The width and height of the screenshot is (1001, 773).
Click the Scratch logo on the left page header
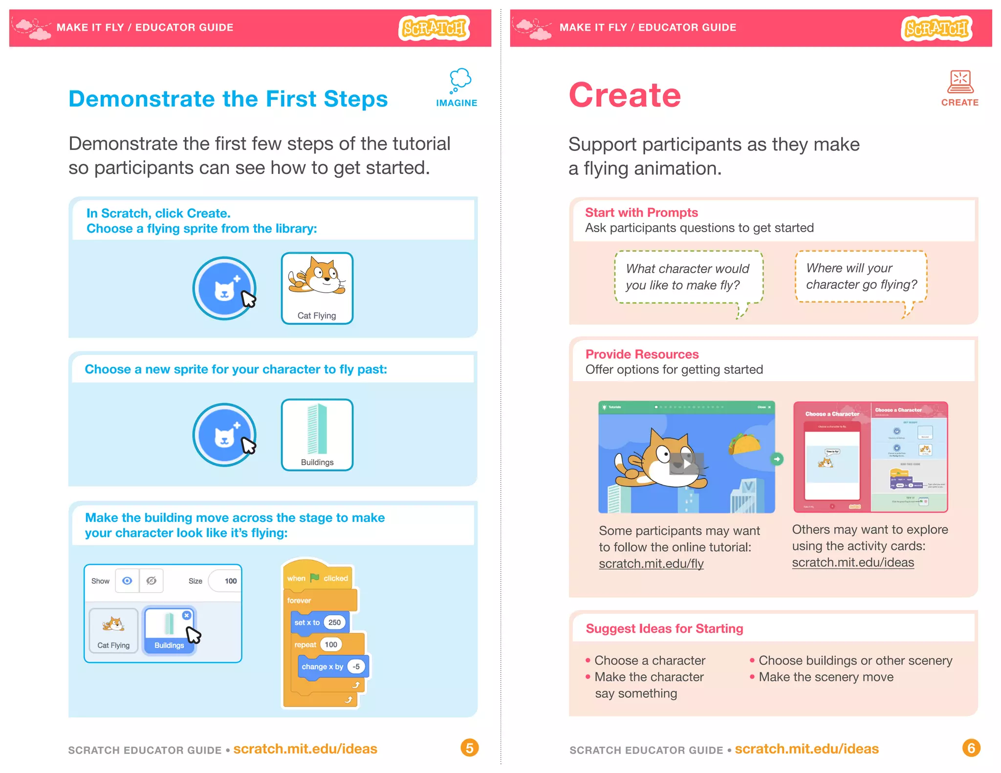pyautogui.click(x=434, y=28)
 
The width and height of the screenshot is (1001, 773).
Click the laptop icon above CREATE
pyautogui.click(x=960, y=82)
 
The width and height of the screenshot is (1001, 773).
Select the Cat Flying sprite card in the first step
pyautogui.click(x=317, y=288)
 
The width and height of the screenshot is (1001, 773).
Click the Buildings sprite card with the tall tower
pyautogui.click(x=317, y=434)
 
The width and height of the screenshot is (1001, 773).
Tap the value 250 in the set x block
pyautogui.click(x=334, y=623)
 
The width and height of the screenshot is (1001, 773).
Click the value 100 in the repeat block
pyautogui.click(x=331, y=644)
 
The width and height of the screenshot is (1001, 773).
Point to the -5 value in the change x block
pyautogui.click(x=356, y=666)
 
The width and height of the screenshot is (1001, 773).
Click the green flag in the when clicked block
pyautogui.click(x=314, y=578)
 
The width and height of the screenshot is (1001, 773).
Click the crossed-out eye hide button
pyautogui.click(x=152, y=580)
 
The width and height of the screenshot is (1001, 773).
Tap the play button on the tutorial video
pyautogui.click(x=686, y=464)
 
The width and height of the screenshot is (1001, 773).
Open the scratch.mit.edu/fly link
pyautogui.click(x=651, y=563)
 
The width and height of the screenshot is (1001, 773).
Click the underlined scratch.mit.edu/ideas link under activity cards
pyautogui.click(x=853, y=562)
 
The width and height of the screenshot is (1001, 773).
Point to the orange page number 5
pyautogui.click(x=469, y=748)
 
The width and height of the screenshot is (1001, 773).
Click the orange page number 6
pyautogui.click(x=971, y=748)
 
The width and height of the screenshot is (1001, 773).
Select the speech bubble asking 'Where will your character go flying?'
pyautogui.click(x=861, y=277)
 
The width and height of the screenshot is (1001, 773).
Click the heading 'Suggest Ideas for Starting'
pyautogui.click(x=664, y=628)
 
